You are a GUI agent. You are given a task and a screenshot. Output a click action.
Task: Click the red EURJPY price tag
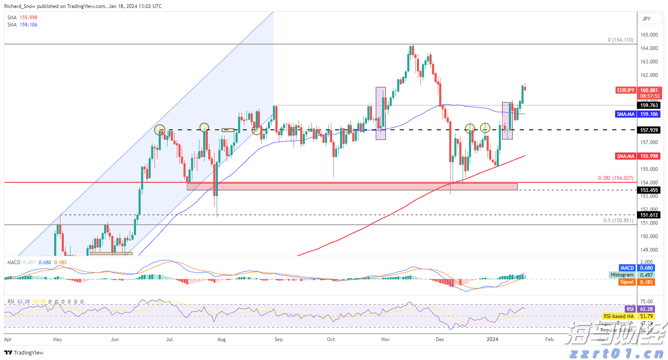click(x=626, y=90)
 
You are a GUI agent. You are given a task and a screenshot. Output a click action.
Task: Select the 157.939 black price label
click(x=649, y=130)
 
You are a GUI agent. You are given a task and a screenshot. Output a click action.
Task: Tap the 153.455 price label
click(x=649, y=190)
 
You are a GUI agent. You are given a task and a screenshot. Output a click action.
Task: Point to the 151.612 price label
click(x=649, y=215)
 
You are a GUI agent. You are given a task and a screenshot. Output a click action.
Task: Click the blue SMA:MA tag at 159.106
click(x=626, y=114)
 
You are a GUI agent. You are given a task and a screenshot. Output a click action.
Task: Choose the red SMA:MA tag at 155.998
click(x=626, y=156)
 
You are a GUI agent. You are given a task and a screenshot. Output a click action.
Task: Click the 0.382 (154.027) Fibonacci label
click(x=616, y=178)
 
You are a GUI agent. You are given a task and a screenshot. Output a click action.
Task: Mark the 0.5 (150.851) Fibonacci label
click(x=618, y=221)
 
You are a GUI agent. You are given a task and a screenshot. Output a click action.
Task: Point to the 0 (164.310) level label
click(x=620, y=40)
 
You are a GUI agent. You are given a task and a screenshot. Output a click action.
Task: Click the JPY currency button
click(x=647, y=19)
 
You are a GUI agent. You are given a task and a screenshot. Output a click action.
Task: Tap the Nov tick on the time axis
click(x=385, y=339)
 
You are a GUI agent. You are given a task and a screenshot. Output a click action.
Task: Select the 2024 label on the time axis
click(x=492, y=339)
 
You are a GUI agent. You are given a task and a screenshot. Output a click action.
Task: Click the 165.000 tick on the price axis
click(x=649, y=35)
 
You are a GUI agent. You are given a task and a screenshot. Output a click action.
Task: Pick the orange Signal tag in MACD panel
click(x=627, y=282)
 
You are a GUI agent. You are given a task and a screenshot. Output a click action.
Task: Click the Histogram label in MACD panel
click(x=622, y=275)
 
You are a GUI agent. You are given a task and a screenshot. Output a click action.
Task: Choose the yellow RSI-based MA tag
click(x=618, y=316)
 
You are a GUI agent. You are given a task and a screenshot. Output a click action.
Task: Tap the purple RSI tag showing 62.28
click(x=630, y=309)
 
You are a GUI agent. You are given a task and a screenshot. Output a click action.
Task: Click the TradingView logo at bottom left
click(x=24, y=352)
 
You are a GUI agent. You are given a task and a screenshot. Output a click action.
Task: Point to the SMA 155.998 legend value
click(x=29, y=18)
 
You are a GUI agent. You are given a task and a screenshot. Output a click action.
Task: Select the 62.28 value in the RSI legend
click(x=24, y=302)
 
